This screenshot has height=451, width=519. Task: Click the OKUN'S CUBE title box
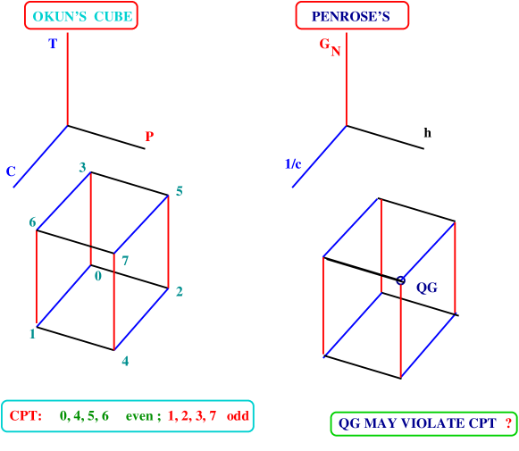80,16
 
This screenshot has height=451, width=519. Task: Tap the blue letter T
53,43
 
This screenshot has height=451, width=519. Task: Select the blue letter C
12,171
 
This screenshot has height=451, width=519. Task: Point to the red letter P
149,137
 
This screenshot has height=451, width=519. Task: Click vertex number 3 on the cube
82,167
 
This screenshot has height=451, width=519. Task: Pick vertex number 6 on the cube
32,222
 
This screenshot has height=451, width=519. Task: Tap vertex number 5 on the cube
179,191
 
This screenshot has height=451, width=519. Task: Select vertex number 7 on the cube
125,261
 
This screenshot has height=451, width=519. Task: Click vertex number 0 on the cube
98,276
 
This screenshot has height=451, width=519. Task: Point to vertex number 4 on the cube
125,361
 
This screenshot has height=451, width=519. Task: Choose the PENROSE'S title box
351,16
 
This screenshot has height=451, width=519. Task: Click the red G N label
330,46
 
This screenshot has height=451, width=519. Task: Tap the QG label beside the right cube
427,288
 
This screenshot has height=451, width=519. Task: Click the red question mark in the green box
508,423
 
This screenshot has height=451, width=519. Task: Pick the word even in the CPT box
141,416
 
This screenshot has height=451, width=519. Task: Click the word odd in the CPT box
238,416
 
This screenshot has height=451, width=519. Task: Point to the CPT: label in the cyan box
26,416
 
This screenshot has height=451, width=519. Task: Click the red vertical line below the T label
67,80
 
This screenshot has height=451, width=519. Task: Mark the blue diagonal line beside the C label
40,156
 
